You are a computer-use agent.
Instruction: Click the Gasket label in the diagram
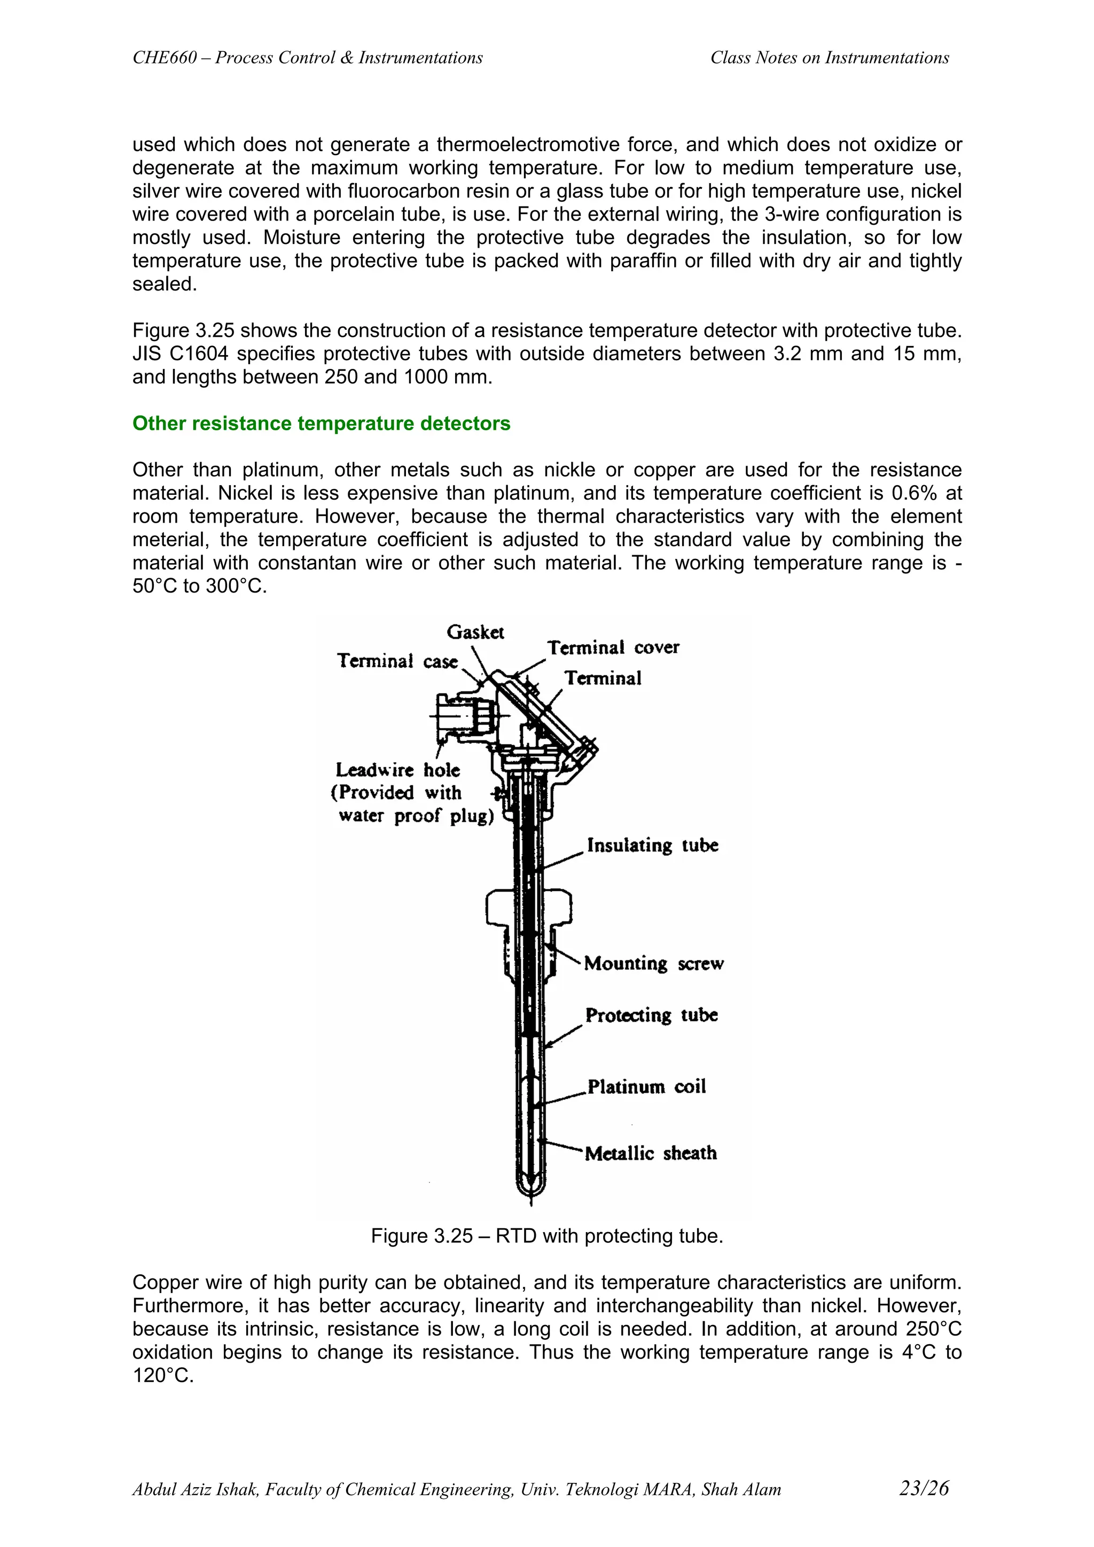pyautogui.click(x=475, y=632)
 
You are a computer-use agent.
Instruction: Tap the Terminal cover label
pyautogui.click(x=613, y=648)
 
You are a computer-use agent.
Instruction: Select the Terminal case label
pyautogui.click(x=397, y=661)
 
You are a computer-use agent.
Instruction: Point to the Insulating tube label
pyautogui.click(x=652, y=846)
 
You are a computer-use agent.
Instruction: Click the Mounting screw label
pyautogui.click(x=653, y=964)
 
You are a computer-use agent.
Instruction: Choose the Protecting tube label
pyautogui.click(x=651, y=1015)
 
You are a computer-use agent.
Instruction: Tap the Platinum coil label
pyautogui.click(x=646, y=1087)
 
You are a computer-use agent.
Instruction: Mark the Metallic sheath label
pyautogui.click(x=651, y=1154)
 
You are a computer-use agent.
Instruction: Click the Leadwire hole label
pyautogui.click(x=397, y=770)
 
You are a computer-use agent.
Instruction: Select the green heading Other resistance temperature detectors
pyautogui.click(x=321, y=423)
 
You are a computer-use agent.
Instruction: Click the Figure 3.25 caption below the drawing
pyautogui.click(x=546, y=1236)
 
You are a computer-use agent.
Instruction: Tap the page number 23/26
pyautogui.click(x=924, y=1488)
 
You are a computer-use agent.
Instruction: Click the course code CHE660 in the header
pyautogui.click(x=165, y=58)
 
